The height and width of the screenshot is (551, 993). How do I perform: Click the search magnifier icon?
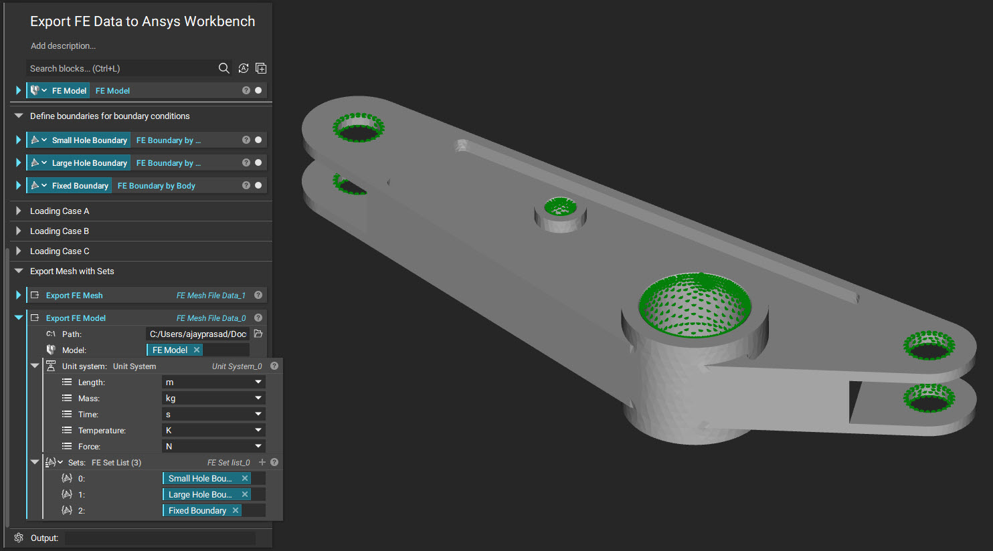224,68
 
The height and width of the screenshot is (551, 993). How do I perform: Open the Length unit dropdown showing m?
213,382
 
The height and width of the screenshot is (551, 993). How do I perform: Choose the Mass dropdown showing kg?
213,398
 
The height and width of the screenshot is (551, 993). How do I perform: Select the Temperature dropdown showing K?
213,430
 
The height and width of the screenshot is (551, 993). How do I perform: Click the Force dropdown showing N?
213,446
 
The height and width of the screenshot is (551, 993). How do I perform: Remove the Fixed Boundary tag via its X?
236,510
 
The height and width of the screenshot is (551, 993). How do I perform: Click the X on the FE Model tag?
196,350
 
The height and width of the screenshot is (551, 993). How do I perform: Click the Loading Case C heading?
60,251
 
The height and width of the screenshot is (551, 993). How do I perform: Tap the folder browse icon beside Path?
258,334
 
